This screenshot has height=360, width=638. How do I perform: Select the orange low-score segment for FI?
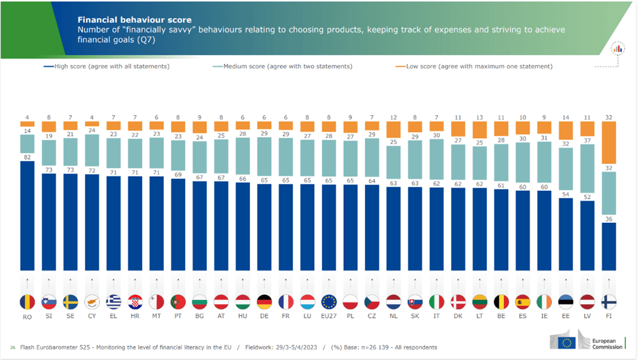pos(610,146)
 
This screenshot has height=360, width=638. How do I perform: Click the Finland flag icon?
pos(610,302)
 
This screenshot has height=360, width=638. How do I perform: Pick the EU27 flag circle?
pos(329,302)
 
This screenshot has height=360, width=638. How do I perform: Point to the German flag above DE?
pos(264,302)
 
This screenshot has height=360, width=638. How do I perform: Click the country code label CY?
pos(92,316)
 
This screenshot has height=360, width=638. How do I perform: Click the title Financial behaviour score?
pos(134,20)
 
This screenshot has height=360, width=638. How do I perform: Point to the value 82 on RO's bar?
pos(27,157)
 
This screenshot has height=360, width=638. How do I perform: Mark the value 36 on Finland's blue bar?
pos(610,219)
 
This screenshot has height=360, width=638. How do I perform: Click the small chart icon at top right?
pos(617,49)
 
